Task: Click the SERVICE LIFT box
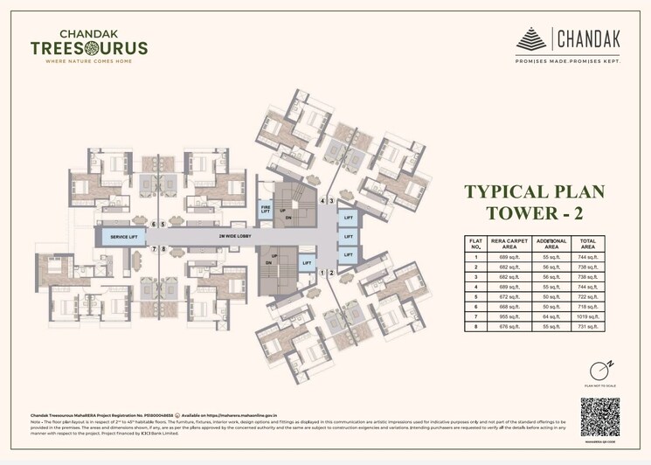click(x=123, y=236)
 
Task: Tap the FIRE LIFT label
click(x=266, y=210)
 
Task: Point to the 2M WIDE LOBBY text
click(x=212, y=236)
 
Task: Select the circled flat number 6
click(x=153, y=225)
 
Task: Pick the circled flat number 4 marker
click(x=322, y=201)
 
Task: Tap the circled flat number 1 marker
click(x=322, y=273)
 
